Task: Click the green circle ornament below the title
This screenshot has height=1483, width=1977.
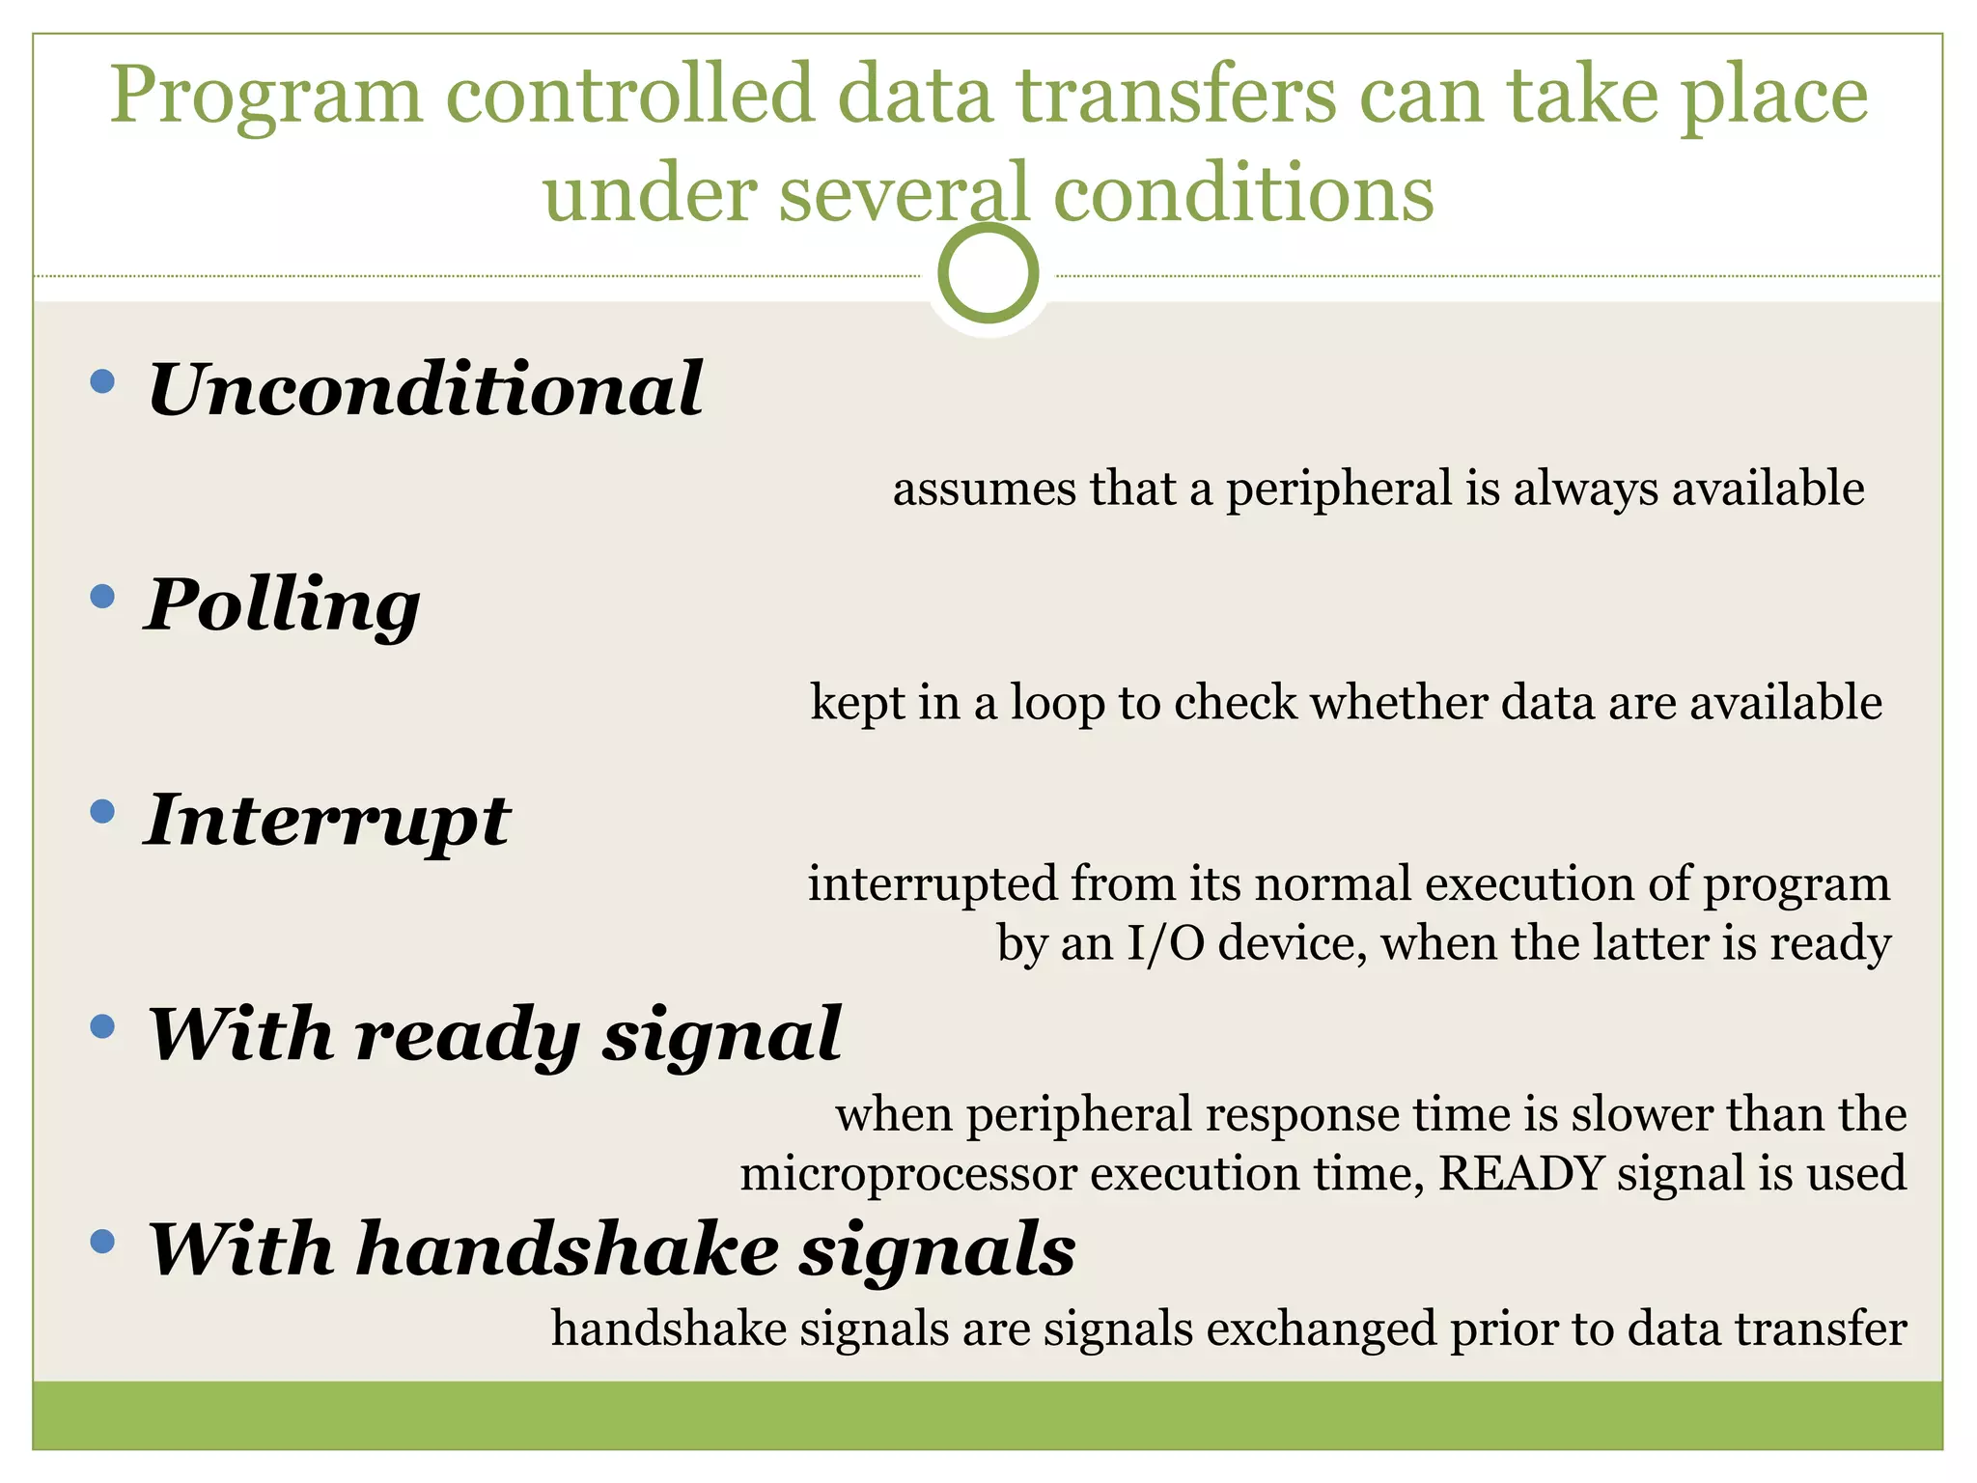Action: [x=988, y=273]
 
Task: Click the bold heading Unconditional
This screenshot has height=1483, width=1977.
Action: [x=425, y=389]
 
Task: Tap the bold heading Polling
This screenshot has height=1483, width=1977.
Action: [x=282, y=605]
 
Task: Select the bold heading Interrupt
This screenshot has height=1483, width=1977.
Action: [x=327, y=820]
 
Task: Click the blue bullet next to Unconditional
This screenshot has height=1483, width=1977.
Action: [x=101, y=381]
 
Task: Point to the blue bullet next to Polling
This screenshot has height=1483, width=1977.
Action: [x=101, y=597]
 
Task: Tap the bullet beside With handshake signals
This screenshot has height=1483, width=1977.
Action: [x=101, y=1241]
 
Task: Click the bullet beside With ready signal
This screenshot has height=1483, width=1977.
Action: [x=101, y=1025]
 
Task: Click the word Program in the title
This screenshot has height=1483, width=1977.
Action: [x=265, y=97]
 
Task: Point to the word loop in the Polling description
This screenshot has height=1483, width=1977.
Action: [x=1056, y=703]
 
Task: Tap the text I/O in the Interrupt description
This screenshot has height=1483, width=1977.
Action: [x=1165, y=943]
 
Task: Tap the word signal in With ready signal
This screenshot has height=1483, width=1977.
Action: [x=722, y=1035]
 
